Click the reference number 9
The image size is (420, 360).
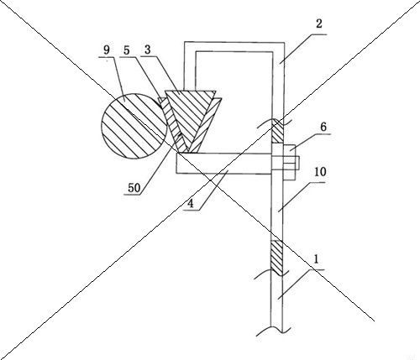click(107, 50)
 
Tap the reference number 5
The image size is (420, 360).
click(127, 50)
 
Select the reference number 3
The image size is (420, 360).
click(148, 50)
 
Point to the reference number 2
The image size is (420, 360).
click(319, 23)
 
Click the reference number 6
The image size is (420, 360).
click(323, 127)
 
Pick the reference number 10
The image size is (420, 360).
click(320, 172)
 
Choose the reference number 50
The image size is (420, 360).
click(134, 188)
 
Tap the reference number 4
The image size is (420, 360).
click(191, 204)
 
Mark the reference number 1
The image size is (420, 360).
click(316, 259)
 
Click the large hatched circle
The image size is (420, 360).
click(134, 126)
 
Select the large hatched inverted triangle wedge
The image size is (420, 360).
click(191, 117)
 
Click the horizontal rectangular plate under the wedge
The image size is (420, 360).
click(224, 163)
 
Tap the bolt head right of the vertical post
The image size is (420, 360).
click(290, 162)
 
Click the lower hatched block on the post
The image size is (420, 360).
click(276, 258)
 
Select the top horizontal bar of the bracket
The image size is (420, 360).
click(234, 46)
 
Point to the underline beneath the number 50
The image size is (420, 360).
click(133, 195)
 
